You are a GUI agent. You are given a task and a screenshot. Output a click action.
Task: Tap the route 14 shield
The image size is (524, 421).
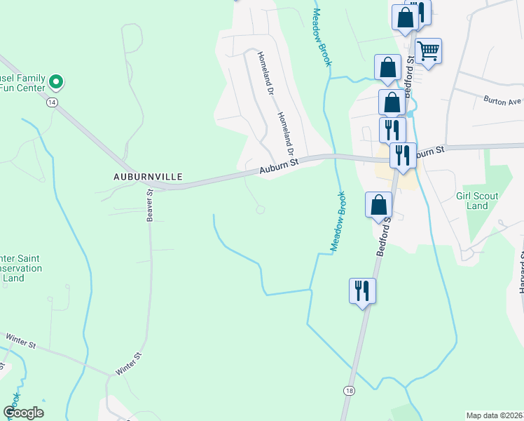(51, 102)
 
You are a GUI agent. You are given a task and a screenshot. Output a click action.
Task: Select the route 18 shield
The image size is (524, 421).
(348, 389)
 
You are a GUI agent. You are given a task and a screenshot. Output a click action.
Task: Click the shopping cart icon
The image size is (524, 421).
(427, 51)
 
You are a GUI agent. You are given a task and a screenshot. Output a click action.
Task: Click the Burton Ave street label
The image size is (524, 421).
(502, 100)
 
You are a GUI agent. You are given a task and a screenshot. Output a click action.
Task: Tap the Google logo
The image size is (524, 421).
(23, 413)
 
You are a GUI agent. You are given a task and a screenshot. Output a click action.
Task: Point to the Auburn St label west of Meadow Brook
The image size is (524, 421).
(279, 166)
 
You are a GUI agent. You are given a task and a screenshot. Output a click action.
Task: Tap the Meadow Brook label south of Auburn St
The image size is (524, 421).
(338, 222)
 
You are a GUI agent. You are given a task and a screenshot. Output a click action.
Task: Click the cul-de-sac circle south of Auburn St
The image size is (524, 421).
(261, 209)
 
